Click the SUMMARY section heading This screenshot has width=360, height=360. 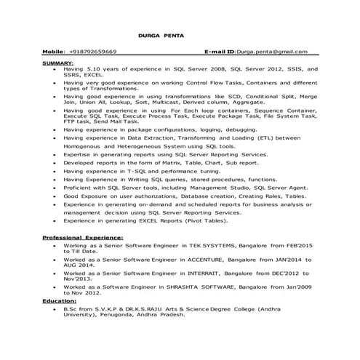tap(57, 63)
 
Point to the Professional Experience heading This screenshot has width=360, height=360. tap(82, 239)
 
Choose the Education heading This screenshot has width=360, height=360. tap(60, 300)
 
